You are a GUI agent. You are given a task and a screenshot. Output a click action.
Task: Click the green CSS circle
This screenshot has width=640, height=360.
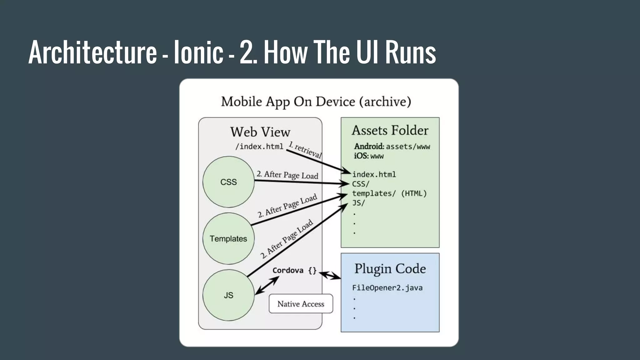pyautogui.click(x=228, y=182)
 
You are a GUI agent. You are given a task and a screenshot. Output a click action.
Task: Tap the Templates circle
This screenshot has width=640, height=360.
pyautogui.click(x=228, y=238)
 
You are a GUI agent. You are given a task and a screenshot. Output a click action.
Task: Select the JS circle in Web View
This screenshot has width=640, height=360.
pyautogui.click(x=228, y=295)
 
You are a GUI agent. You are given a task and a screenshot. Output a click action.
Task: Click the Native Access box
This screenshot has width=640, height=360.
pyautogui.click(x=301, y=304)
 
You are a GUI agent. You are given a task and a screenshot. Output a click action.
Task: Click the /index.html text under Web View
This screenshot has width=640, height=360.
pyautogui.click(x=259, y=146)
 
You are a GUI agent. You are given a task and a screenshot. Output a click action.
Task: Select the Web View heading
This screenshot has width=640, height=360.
pyautogui.click(x=260, y=132)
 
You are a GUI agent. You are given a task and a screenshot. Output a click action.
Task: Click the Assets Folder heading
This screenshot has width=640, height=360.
pyautogui.click(x=390, y=130)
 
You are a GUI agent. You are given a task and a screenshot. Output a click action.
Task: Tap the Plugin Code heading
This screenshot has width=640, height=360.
pyautogui.click(x=390, y=269)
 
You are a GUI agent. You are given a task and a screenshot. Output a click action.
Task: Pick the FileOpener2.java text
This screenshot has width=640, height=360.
pyautogui.click(x=387, y=288)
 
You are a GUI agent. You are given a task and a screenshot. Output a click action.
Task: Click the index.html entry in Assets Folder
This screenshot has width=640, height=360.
pyautogui.click(x=374, y=174)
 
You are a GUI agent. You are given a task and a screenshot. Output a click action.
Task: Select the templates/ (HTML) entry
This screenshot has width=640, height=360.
pyautogui.click(x=389, y=193)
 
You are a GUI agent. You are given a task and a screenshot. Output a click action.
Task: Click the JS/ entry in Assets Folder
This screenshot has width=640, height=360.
pyautogui.click(x=358, y=203)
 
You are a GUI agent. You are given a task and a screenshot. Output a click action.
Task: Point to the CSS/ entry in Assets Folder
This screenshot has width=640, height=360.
pyautogui.click(x=361, y=184)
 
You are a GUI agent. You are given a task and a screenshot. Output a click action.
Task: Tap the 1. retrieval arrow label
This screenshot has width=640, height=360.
pyautogui.click(x=305, y=150)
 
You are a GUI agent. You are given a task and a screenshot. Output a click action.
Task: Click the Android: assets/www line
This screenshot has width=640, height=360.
pyautogui.click(x=392, y=146)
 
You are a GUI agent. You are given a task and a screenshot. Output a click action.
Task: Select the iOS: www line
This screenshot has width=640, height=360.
pyautogui.click(x=369, y=156)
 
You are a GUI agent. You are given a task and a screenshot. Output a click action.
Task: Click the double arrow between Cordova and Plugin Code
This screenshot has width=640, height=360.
pyautogui.click(x=330, y=275)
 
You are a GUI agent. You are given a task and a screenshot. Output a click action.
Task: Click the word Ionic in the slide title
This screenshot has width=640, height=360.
pyautogui.click(x=198, y=52)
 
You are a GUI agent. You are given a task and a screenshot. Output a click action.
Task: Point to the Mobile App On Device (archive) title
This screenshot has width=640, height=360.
pyautogui.click(x=316, y=102)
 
